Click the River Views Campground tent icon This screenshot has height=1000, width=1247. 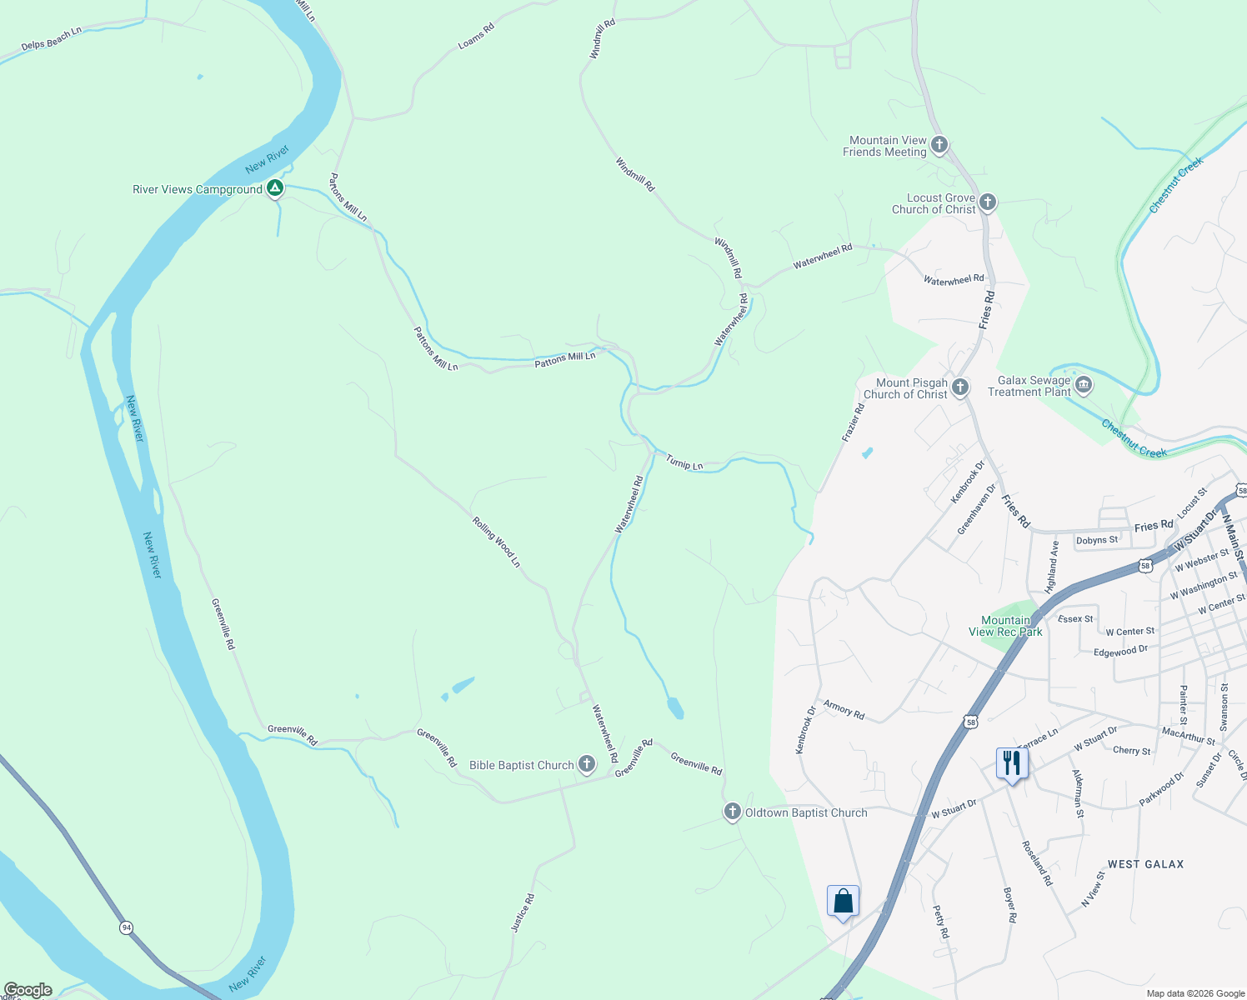274,188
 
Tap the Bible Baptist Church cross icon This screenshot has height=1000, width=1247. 587,764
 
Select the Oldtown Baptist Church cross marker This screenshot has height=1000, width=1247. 732,812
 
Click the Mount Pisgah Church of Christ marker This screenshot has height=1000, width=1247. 960,387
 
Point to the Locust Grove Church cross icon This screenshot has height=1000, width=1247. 987,202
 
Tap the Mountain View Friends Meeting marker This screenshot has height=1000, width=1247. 939,145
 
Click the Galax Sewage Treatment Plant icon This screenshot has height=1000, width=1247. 1084,385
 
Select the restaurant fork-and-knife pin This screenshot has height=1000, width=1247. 1011,762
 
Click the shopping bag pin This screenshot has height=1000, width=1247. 843,901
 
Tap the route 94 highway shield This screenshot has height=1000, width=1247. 126,927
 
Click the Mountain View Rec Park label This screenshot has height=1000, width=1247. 1005,626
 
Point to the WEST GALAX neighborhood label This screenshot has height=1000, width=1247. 1145,864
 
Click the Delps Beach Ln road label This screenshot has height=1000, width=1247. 52,38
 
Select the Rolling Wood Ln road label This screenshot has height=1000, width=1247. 497,542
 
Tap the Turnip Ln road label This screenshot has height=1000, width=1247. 684,463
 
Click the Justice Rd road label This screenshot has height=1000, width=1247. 523,912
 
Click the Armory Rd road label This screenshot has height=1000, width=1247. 844,709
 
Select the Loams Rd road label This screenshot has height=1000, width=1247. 476,36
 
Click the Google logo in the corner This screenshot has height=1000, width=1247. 28,990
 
